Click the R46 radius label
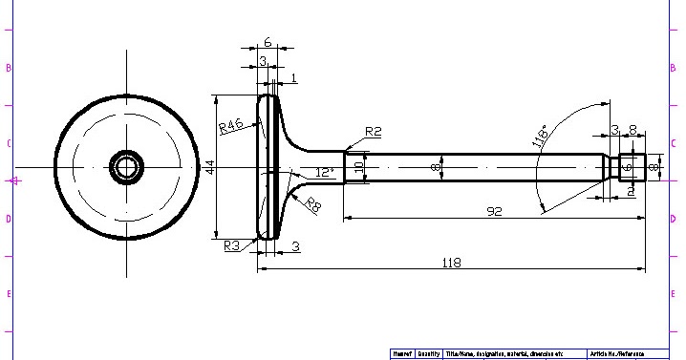click(230, 127)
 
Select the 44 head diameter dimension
click(209, 166)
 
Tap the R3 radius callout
click(232, 245)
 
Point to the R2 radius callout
click(373, 131)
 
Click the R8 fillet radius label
click(312, 203)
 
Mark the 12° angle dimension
click(325, 173)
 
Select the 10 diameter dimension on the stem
click(359, 166)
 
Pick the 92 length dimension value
click(494, 211)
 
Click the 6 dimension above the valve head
click(268, 42)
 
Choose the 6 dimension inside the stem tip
click(627, 167)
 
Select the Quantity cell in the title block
click(429, 353)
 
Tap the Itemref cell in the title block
click(401, 353)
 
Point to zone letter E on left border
click(9, 293)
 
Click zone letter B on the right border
click(674, 69)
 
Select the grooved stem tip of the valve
click(631, 167)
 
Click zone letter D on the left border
click(9, 219)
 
